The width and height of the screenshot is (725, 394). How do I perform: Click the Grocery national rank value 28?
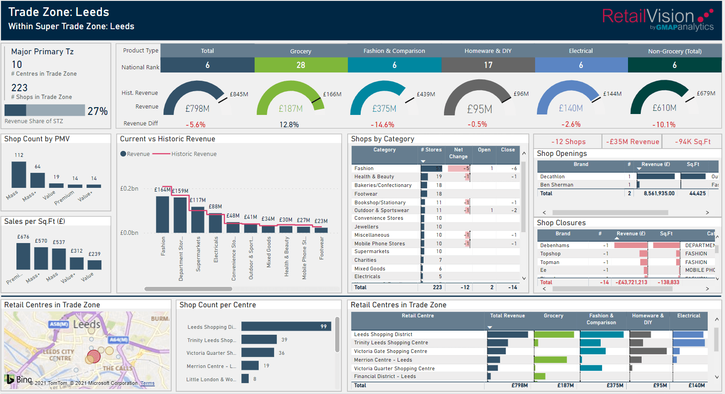[x=301, y=65]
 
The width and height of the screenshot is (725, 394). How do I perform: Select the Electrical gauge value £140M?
[x=570, y=108]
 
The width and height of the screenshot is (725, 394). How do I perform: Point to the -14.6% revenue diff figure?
[x=383, y=124]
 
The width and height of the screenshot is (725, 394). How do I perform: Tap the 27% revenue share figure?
[x=97, y=111]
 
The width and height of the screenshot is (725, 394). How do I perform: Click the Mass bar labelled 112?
[x=19, y=174]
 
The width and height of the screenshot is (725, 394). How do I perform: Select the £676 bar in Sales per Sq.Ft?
[x=23, y=256]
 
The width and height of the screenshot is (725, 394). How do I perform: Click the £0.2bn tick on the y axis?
[x=129, y=188]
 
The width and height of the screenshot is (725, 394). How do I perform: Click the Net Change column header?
[x=458, y=153]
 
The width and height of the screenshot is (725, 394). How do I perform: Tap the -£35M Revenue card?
[x=632, y=142]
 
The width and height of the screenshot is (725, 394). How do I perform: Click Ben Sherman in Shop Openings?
[x=557, y=185]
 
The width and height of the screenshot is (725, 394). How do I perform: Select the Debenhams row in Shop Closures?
[x=555, y=245]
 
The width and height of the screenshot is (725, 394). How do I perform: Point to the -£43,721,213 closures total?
[x=631, y=282]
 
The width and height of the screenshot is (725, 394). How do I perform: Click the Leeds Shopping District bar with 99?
[x=286, y=327]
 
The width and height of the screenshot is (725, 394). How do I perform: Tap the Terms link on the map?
[x=147, y=383]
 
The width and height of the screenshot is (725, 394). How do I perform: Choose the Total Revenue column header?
[x=507, y=316]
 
